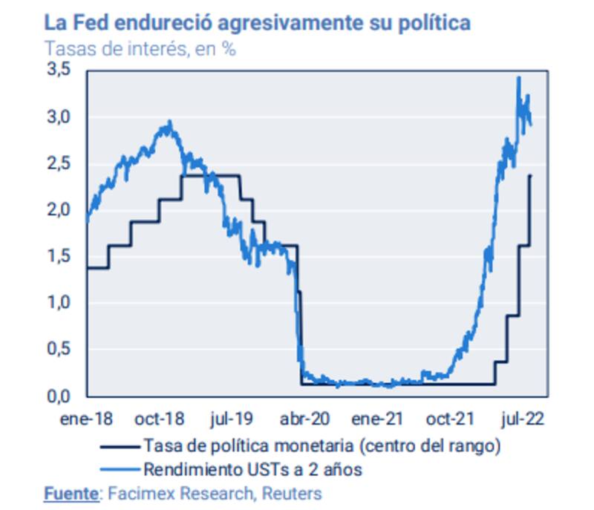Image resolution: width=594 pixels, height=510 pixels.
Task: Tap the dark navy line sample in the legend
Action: tap(118, 446)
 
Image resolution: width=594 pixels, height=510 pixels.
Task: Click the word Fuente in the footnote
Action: tap(71, 493)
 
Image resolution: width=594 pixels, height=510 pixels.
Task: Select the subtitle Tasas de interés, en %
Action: tap(140, 49)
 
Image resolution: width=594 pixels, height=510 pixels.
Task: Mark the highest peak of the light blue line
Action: tap(518, 77)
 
